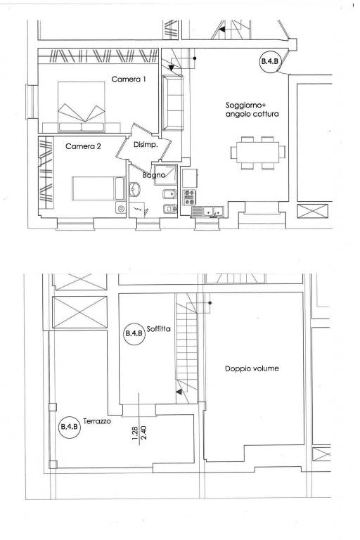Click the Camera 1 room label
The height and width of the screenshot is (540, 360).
[x=129, y=79]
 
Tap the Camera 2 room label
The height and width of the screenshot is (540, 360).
[x=83, y=146]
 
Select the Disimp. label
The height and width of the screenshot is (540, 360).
[x=146, y=145]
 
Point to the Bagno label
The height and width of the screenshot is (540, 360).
[x=154, y=175]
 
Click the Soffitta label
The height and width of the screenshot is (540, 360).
[x=158, y=329]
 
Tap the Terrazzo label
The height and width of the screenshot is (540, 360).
[x=97, y=421]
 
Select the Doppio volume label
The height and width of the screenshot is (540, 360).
[x=252, y=368]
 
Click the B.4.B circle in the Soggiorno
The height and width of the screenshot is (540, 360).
[x=269, y=62]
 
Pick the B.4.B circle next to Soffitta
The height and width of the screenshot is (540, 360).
[x=134, y=334]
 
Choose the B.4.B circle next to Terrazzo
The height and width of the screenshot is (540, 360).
[x=70, y=427]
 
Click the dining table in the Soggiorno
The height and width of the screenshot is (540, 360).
[x=257, y=153]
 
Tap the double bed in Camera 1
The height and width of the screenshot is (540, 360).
[x=82, y=107]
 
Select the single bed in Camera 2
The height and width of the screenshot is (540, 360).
[x=99, y=188]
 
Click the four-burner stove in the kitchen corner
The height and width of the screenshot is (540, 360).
[x=189, y=198]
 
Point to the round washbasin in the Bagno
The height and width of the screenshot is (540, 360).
[x=135, y=189]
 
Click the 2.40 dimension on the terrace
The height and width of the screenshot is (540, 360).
[x=143, y=433]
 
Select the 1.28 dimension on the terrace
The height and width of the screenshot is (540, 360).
[x=135, y=433]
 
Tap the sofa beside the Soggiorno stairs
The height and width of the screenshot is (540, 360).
[x=172, y=103]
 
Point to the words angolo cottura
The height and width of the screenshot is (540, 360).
[x=252, y=115]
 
